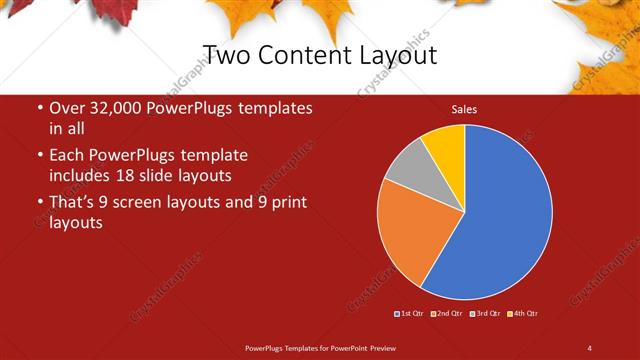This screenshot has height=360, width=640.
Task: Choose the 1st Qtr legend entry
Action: click(411, 314)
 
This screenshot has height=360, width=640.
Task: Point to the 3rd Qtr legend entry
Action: click(486, 314)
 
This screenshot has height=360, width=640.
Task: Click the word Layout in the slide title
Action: click(393, 54)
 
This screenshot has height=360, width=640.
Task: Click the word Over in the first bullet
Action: click(66, 108)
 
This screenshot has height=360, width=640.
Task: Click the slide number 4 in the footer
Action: click(589, 347)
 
